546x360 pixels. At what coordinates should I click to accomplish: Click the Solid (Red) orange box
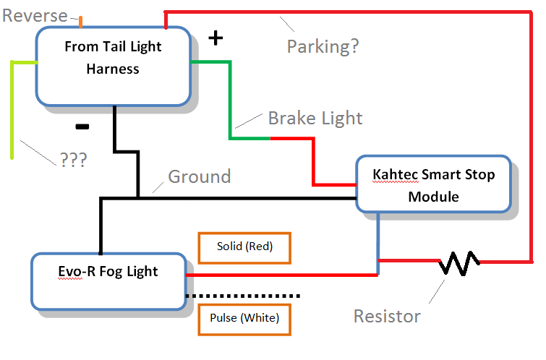coord(244,247)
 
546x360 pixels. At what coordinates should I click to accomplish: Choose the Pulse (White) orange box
coord(244,317)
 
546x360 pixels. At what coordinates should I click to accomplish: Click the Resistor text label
coord(387,316)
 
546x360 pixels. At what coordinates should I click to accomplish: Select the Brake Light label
coord(315,118)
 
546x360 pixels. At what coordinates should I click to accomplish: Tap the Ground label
coord(199,176)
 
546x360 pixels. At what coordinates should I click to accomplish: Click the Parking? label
coord(323,47)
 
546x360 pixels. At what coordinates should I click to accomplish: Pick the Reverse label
coord(35,15)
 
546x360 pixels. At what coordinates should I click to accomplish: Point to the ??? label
coord(72,160)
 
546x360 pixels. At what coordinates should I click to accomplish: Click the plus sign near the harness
coord(215,38)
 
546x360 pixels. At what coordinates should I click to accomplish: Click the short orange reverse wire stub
coord(80,22)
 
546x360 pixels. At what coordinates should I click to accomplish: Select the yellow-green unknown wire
coord(12,108)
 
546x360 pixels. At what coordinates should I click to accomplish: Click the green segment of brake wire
coord(231,101)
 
